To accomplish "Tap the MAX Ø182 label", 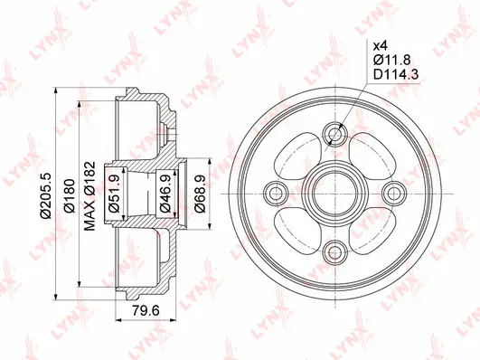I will (x=91, y=192).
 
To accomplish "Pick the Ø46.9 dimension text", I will (x=167, y=192).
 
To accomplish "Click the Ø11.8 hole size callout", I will (x=386, y=59).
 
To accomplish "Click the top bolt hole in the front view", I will (x=335, y=136).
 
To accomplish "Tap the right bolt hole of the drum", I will (x=391, y=192).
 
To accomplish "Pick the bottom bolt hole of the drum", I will (x=335, y=249).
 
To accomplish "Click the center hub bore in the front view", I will (x=335, y=192).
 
